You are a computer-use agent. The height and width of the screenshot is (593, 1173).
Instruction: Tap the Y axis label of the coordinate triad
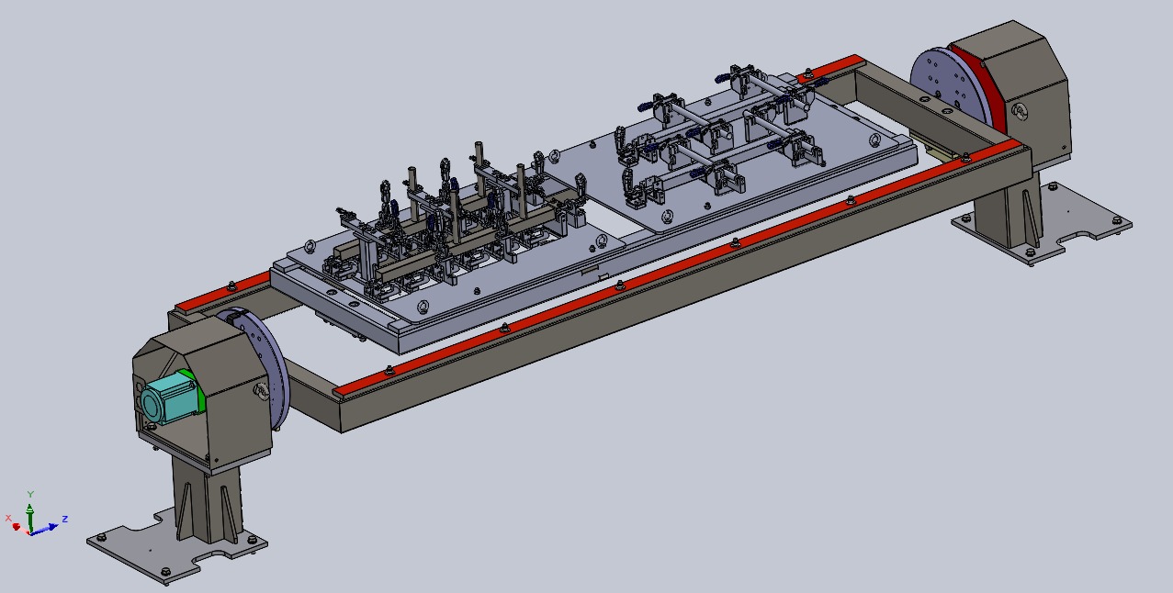30,494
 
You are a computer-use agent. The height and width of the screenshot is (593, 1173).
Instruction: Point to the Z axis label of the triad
65,519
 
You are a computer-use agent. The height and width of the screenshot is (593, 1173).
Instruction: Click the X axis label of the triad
8,518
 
